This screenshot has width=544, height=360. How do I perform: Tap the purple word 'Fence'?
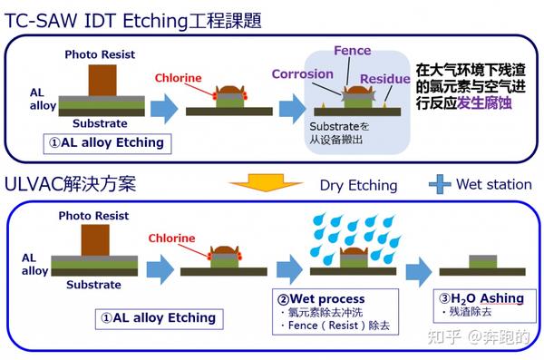(x=353, y=51)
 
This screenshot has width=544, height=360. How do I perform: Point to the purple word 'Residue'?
(x=385, y=79)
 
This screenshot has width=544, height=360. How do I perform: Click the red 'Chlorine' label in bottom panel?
(x=171, y=238)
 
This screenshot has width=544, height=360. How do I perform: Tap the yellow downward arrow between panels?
(x=265, y=184)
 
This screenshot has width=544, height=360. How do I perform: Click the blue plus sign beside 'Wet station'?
(x=439, y=184)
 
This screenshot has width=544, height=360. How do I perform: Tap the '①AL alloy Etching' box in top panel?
(x=107, y=142)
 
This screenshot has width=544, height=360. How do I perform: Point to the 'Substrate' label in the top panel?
(x=100, y=122)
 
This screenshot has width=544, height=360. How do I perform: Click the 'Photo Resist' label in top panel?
(x=99, y=54)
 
